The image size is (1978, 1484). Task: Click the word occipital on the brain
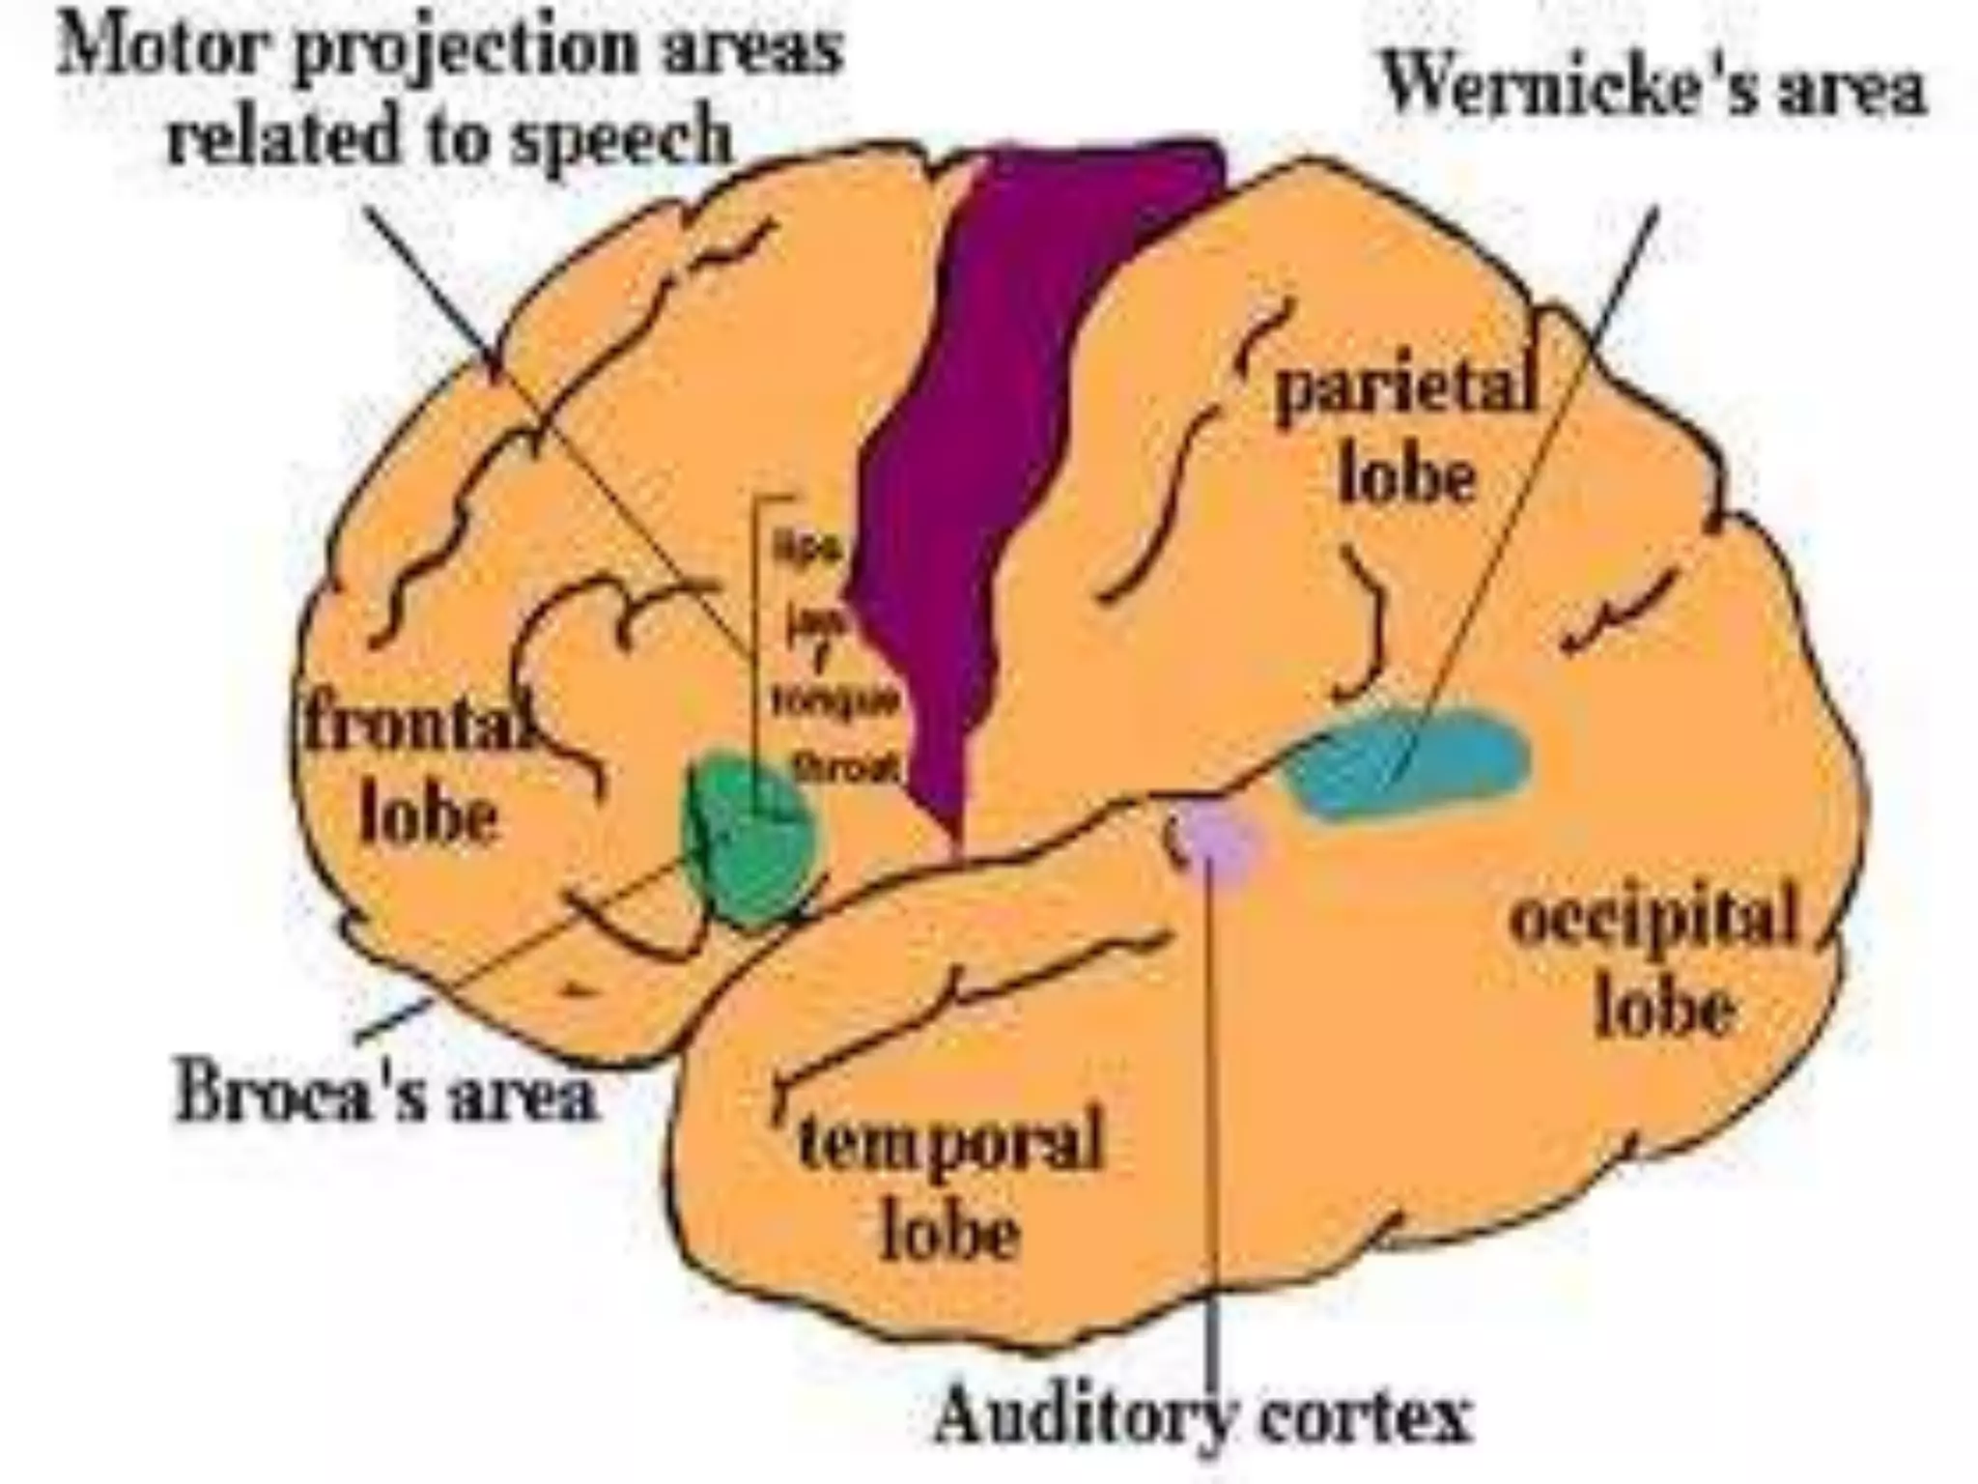(1655, 917)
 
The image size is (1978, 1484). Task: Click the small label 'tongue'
(836, 701)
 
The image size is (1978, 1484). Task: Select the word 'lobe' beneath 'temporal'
(950, 1231)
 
